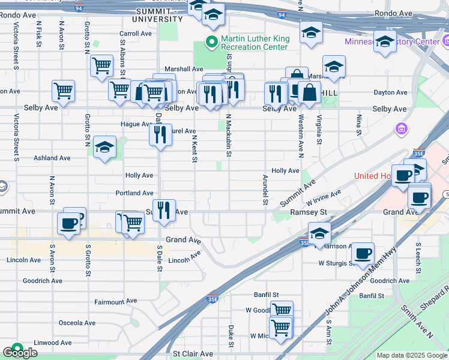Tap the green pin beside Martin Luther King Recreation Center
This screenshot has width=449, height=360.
211,42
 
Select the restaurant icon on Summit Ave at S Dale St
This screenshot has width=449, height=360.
164,211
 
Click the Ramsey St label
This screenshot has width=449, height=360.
308,212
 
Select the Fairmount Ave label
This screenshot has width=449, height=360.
115,301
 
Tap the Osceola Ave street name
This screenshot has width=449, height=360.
77,323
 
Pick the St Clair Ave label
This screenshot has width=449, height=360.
193,354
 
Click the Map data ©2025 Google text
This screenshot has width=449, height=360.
412,355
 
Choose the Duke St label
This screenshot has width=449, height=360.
231,335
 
